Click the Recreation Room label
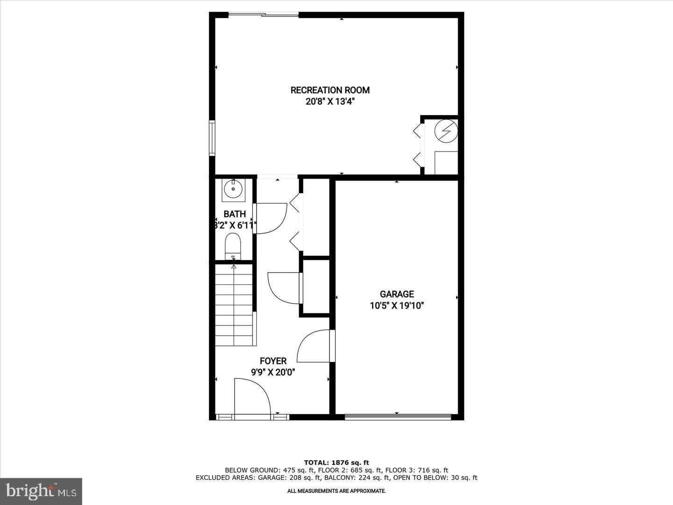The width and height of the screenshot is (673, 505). point(330,90)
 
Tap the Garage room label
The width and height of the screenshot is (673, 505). point(397,294)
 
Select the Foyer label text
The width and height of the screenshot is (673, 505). point(273,361)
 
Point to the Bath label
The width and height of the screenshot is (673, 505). point(235,214)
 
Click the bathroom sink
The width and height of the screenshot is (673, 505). point(233,189)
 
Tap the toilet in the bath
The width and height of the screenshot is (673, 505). point(233,246)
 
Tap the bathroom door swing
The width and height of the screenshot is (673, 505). point(270,218)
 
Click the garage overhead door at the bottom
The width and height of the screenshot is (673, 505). point(398,416)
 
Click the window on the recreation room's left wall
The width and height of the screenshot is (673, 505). point(212,138)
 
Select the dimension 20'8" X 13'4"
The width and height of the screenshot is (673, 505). point(330,102)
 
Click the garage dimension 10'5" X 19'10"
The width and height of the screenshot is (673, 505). point(397,306)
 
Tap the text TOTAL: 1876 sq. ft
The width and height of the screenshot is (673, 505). point(336,462)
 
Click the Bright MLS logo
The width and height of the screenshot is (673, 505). point(41,491)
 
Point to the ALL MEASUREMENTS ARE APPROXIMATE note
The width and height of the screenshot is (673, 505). point(336,491)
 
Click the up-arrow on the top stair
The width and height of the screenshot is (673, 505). point(234,267)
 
